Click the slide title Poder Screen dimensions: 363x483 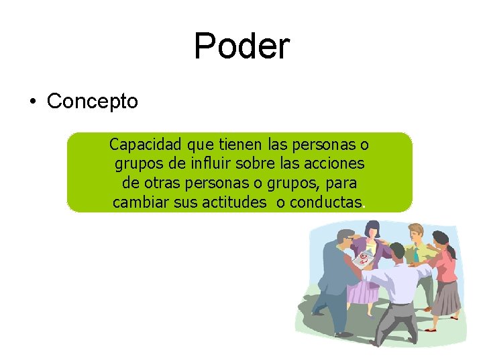coord(241,46)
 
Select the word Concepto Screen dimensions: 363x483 coord(93,102)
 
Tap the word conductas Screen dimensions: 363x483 coord(325,202)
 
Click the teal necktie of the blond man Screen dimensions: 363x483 coord(417,254)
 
